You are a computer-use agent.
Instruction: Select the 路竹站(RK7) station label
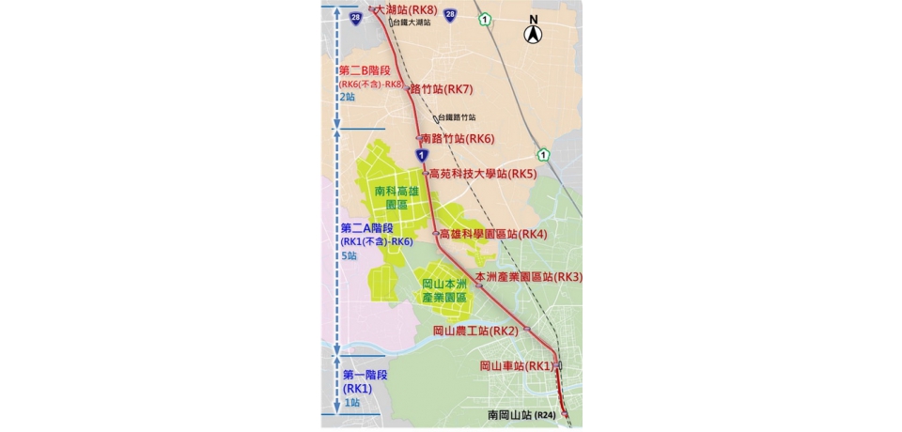tap(441, 89)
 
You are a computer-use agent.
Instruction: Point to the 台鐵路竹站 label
tap(457, 118)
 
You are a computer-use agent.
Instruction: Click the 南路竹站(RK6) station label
tap(458, 138)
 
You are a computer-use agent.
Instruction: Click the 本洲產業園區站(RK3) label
tap(529, 277)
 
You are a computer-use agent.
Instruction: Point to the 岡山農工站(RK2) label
tap(475, 331)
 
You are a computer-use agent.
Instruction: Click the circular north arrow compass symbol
tap(533, 34)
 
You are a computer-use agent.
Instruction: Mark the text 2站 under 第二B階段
tap(348, 97)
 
